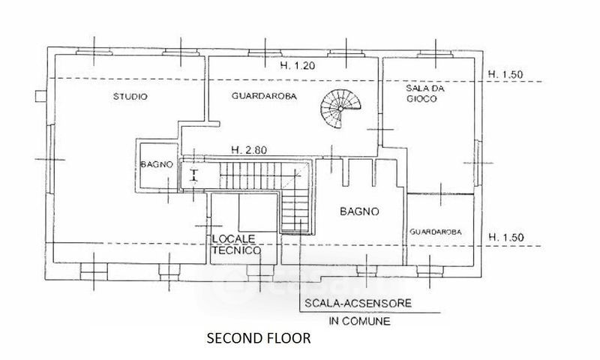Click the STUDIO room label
click(130, 97)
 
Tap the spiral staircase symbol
click(340, 109)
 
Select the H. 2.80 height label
click(249, 150)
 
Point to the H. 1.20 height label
click(297, 66)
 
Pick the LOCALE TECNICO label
click(236, 244)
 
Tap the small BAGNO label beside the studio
click(157, 165)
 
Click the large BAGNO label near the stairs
click(359, 211)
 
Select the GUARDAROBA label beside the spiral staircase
click(264, 96)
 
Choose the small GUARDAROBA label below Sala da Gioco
click(436, 232)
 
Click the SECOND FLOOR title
click(259, 338)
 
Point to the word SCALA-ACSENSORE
click(358, 304)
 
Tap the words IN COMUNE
click(360, 321)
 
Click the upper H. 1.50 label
click(505, 74)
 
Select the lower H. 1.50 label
click(505, 238)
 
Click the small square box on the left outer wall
click(40, 96)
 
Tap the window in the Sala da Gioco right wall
click(477, 163)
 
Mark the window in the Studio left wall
click(50, 159)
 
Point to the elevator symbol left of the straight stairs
click(194, 175)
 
